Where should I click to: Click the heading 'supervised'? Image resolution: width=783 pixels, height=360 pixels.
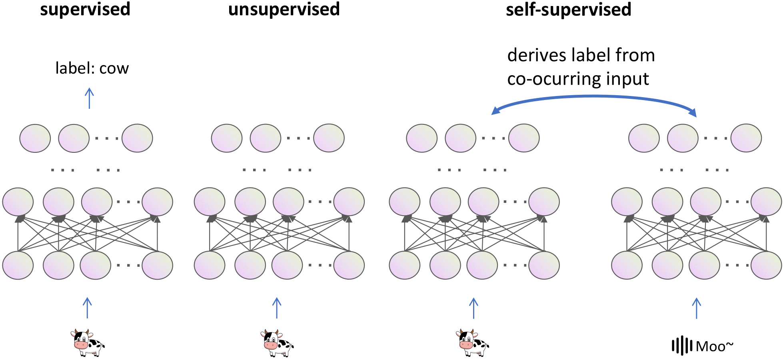point(85,9)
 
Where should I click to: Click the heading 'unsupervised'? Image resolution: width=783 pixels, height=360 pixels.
point(284,9)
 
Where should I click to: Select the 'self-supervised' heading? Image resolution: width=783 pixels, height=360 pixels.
point(568,9)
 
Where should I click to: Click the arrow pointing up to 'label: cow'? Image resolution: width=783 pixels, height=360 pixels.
point(89,98)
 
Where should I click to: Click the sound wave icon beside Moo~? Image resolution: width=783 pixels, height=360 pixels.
point(682,346)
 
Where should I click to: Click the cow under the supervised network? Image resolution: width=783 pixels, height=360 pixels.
point(88,343)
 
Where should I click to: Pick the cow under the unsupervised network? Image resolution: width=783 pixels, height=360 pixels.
point(278,343)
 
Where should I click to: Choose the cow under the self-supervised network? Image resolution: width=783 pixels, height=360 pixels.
point(472,343)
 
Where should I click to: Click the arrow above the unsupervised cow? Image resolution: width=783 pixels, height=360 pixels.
point(277,308)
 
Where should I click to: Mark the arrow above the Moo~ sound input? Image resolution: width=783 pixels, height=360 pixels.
point(696,308)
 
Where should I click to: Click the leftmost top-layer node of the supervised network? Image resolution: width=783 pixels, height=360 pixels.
point(35,138)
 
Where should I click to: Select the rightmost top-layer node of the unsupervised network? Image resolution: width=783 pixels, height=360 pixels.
point(329,138)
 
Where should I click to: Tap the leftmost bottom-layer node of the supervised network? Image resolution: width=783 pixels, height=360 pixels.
point(18,265)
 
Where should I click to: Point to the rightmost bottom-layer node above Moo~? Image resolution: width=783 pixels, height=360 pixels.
point(766,265)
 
